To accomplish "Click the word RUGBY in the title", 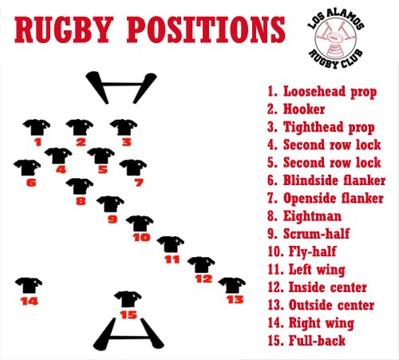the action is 62,30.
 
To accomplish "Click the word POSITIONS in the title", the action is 206,30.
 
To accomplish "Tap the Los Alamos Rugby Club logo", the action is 336,38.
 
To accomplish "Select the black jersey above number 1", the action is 37,127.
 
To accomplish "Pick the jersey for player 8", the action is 80,186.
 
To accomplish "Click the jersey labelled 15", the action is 128,299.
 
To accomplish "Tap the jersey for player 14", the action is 29,286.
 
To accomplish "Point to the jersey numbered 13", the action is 232,285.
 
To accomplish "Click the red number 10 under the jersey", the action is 142,237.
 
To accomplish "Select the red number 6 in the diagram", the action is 31,183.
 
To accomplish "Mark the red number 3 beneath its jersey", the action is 127,142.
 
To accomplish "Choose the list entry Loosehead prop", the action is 322,92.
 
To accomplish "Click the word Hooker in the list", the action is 304,109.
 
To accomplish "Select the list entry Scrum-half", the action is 309,234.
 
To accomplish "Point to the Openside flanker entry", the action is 326,198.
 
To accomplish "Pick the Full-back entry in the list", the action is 306,341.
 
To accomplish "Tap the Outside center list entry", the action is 321,305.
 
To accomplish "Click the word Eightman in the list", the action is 312,216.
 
